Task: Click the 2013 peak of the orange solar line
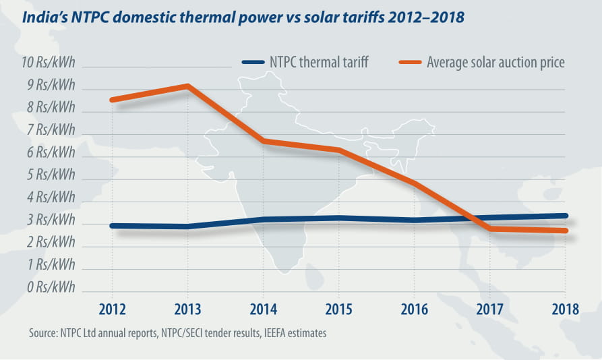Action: coord(187,86)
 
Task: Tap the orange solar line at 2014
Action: coord(263,141)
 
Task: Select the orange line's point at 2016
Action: coord(414,183)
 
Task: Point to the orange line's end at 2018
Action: coord(564,231)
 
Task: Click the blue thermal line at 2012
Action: coord(113,226)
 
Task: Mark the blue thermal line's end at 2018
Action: coord(564,216)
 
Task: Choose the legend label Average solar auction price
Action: coord(495,63)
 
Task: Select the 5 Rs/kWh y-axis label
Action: coord(50,175)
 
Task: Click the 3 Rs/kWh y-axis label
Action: coord(50,220)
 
